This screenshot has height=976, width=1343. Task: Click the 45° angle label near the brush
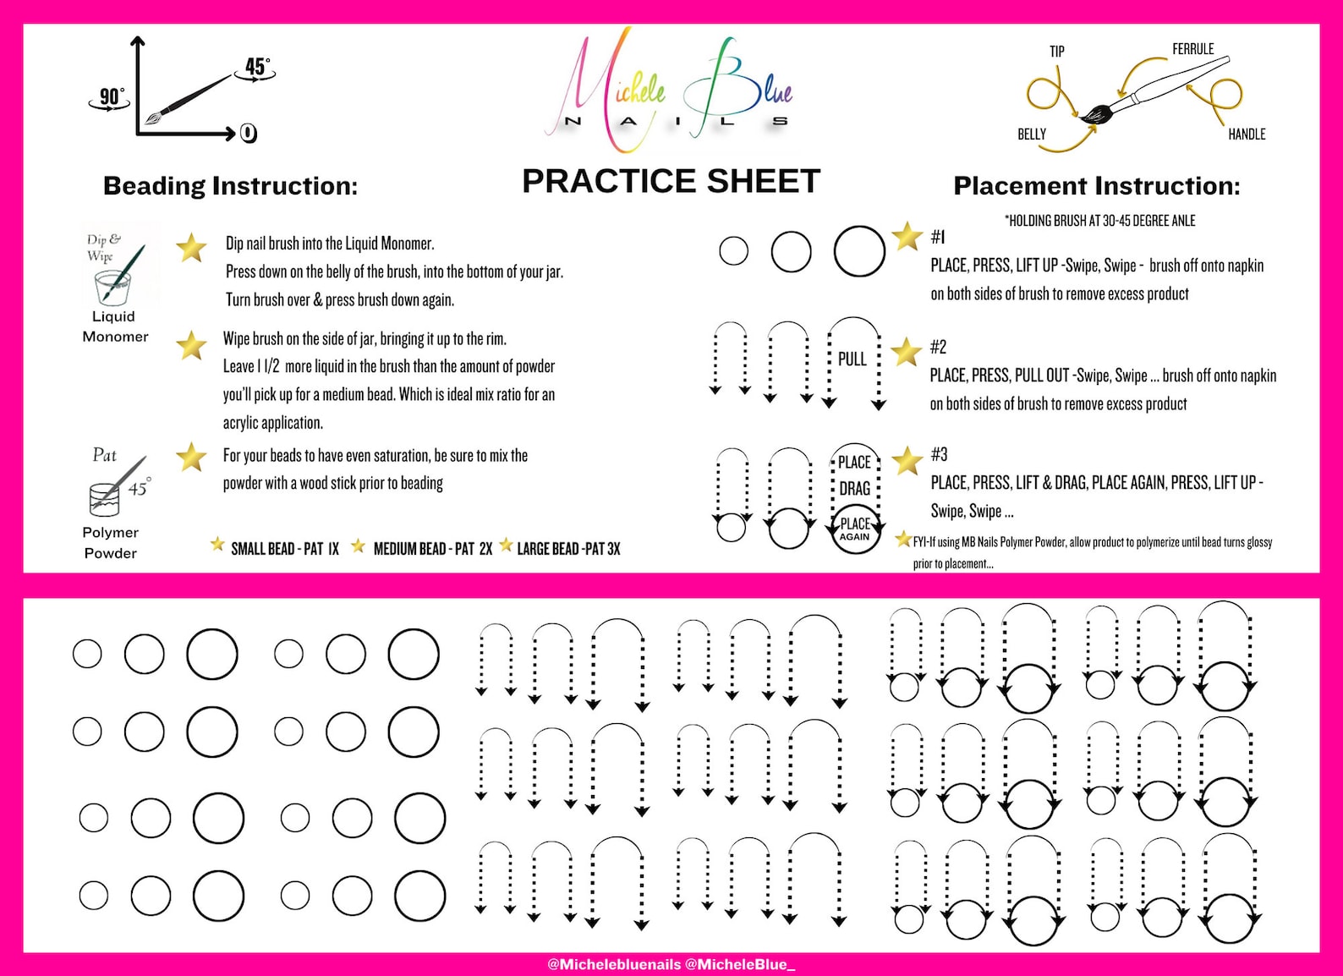pos(257,67)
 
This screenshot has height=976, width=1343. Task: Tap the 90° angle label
pos(111,96)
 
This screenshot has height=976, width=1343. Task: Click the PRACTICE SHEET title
pos(671,181)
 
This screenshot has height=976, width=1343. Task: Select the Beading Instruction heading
pos(230,186)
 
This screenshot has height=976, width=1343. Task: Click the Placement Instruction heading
pos(1096,186)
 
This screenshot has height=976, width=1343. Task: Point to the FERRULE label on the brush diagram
pos(1192,49)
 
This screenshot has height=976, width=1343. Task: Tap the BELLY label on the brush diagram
pos(1031,134)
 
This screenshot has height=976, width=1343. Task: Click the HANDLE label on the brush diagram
pos(1247,134)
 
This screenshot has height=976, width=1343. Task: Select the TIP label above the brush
pos(1056,52)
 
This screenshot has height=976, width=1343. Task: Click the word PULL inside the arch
pos(852,359)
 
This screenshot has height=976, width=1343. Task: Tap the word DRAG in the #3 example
pos(854,489)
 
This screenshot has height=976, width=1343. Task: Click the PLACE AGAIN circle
pos(854,529)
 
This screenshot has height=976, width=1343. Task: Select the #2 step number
pos(938,347)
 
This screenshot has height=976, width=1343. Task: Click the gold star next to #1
pos(907,237)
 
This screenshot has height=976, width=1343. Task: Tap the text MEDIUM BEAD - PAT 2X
pos(432,549)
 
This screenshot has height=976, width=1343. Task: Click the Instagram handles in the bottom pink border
pos(671,964)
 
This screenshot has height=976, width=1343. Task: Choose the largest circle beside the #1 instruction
pos(859,251)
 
